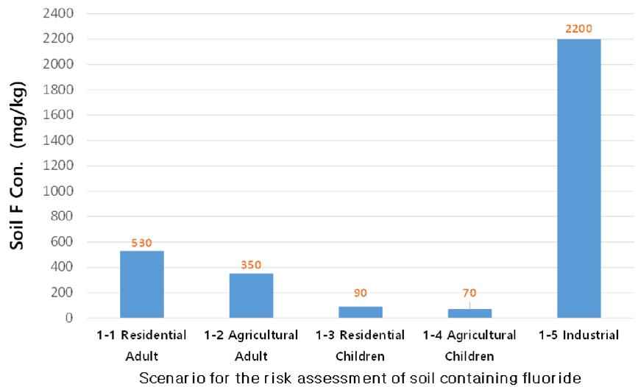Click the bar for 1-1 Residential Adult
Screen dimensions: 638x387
tap(142, 285)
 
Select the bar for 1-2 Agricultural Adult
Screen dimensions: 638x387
tap(251, 296)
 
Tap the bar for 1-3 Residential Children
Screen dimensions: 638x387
tap(361, 312)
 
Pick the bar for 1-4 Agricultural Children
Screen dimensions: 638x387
tap(469, 313)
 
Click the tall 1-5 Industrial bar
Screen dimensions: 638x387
tap(579, 178)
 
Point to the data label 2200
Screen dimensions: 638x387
tap(578, 29)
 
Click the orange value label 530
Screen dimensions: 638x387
tap(141, 243)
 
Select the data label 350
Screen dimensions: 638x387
tap(251, 265)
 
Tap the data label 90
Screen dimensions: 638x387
tap(361, 293)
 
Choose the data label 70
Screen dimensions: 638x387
tap(469, 293)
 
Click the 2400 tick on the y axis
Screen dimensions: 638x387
tap(58, 13)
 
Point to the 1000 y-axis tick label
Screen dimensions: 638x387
tap(58, 191)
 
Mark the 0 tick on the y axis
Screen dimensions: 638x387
tap(69, 318)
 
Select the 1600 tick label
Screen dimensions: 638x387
tap(58, 115)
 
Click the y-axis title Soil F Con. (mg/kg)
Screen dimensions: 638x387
tap(18, 166)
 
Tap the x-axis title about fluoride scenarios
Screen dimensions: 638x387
tap(360, 378)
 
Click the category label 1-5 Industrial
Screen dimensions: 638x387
tap(578, 335)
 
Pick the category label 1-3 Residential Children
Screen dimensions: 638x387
tap(360, 346)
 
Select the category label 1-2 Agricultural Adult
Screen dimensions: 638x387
tap(251, 346)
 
